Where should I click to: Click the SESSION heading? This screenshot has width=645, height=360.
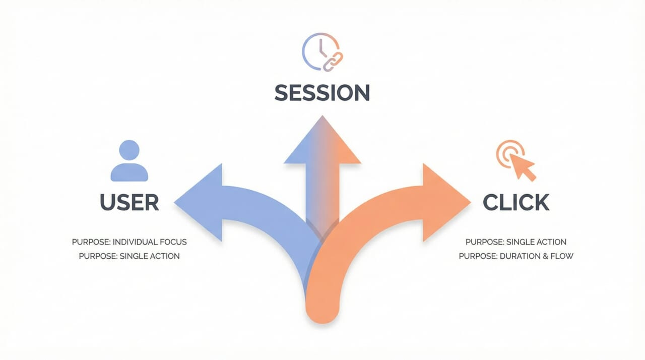pyautogui.click(x=322, y=93)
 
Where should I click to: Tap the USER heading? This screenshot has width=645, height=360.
pyautogui.click(x=130, y=202)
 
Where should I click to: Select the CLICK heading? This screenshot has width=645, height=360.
pyautogui.click(x=515, y=202)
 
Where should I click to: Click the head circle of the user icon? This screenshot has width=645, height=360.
pyautogui.click(x=130, y=150)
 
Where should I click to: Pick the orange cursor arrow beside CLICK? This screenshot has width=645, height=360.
pyautogui.click(x=523, y=167)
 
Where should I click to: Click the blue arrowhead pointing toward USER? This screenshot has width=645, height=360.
pyautogui.click(x=199, y=202)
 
